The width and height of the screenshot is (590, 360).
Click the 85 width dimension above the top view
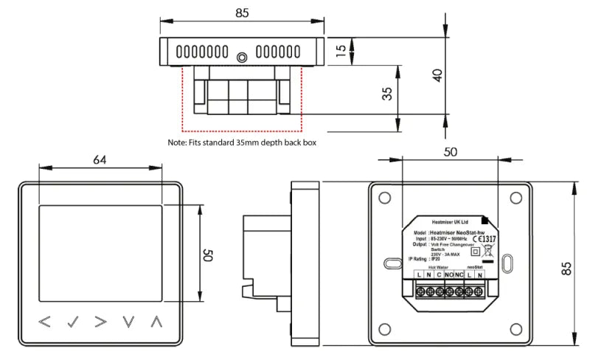click(242, 13)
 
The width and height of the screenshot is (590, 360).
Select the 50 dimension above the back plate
click(451, 151)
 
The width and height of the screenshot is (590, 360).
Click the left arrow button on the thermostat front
click(45, 322)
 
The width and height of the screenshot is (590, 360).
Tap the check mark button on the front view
click(72, 322)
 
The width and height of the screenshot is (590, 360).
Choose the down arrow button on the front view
click(129, 322)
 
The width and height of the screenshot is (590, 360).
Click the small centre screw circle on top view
click(241, 56)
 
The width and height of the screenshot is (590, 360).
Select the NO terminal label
click(448, 274)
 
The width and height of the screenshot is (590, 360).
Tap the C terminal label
click(438, 274)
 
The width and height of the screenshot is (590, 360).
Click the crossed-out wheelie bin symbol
click(487, 250)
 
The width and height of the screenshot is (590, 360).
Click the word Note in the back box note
click(176, 142)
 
